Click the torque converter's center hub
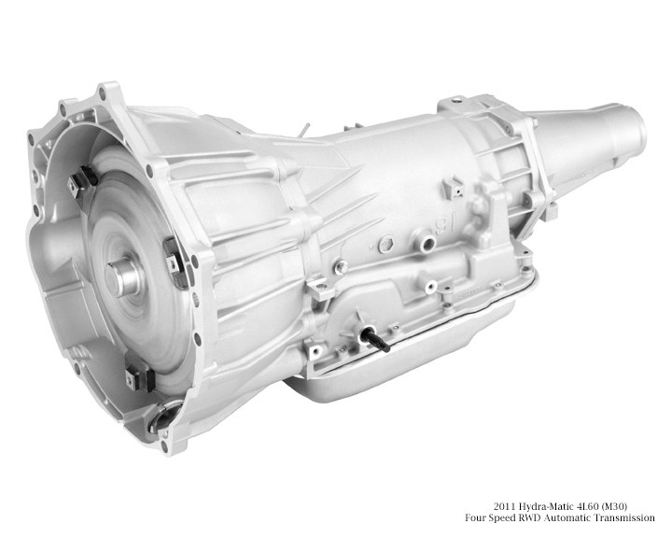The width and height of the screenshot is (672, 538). pyautogui.click(x=123, y=277)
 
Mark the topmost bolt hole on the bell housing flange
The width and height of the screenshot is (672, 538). pyautogui.click(x=101, y=90)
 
